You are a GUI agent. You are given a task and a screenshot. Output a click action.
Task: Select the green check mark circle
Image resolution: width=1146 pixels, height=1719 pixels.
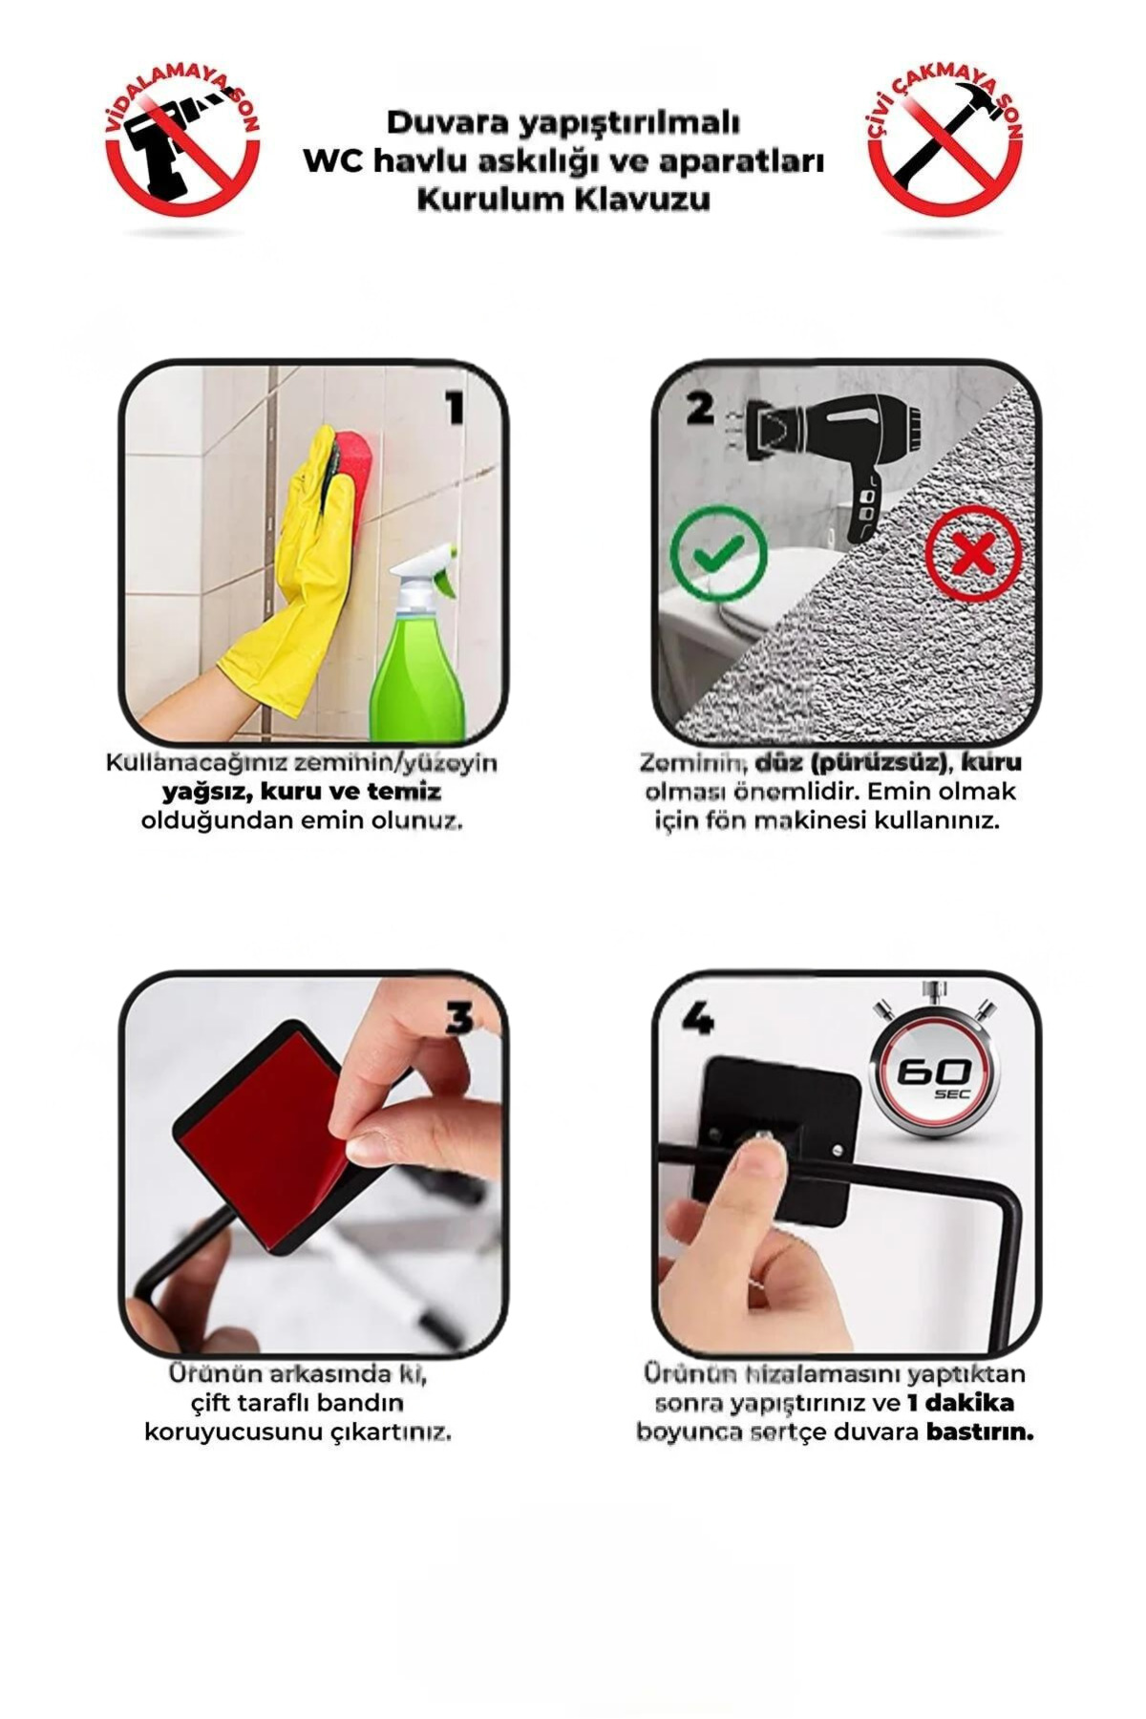(x=718, y=552)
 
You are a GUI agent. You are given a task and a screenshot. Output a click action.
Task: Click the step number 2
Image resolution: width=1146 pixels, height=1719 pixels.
(x=700, y=409)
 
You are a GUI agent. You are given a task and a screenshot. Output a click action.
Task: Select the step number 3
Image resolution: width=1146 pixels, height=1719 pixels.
(x=459, y=1019)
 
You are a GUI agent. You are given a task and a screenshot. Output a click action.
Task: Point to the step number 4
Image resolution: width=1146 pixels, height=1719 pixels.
(x=697, y=1019)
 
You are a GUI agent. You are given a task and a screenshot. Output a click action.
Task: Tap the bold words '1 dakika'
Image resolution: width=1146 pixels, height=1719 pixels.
(x=961, y=1403)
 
